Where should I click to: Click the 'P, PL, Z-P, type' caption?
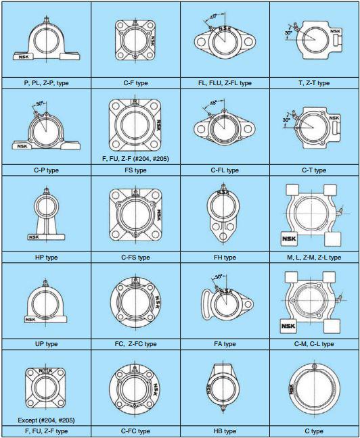click(46, 83)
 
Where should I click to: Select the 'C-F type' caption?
click(135, 83)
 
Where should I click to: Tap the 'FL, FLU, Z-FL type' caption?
click(225, 83)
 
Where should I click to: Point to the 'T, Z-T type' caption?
click(314, 83)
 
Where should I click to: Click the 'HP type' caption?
click(46, 258)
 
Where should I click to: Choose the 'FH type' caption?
click(225, 258)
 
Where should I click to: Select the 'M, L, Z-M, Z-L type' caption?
click(314, 258)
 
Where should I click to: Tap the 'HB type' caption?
click(225, 431)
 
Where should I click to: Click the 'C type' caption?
click(314, 431)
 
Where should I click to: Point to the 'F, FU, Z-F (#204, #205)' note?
click(135, 159)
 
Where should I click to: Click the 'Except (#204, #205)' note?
click(46, 420)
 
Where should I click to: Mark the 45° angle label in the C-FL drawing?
click(213, 103)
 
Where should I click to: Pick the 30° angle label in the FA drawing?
click(219, 277)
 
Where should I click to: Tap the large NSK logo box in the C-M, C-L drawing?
click(288, 326)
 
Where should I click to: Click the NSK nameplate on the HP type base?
click(34, 237)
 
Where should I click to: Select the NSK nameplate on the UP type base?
click(30, 320)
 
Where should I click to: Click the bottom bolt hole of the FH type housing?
click(223, 237)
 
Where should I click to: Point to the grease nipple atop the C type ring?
click(315, 366)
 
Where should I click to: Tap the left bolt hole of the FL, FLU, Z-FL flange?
click(201, 42)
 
